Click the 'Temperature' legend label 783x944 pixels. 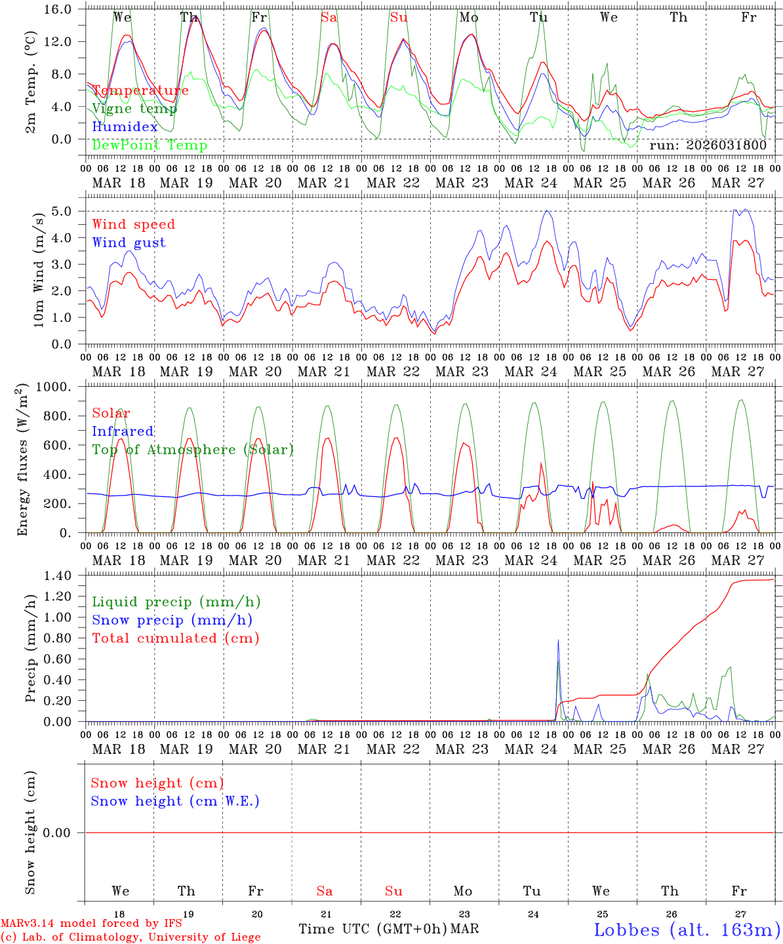pos(140,90)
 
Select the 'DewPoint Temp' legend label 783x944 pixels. pos(150,145)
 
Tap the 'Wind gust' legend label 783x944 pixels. pos(129,243)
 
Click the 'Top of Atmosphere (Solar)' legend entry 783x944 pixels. pos(193,450)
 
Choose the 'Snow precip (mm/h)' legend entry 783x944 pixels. pos(172,620)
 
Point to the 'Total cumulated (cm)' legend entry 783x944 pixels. pos(175,638)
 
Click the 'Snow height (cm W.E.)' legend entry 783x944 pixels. pos(175,801)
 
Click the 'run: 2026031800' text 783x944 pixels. pos(708,146)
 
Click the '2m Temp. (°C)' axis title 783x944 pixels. pos(31,81)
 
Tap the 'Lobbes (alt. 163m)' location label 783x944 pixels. pos(687,930)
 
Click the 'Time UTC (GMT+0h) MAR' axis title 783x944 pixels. pos(388,929)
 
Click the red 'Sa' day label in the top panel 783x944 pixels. pos(329,18)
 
